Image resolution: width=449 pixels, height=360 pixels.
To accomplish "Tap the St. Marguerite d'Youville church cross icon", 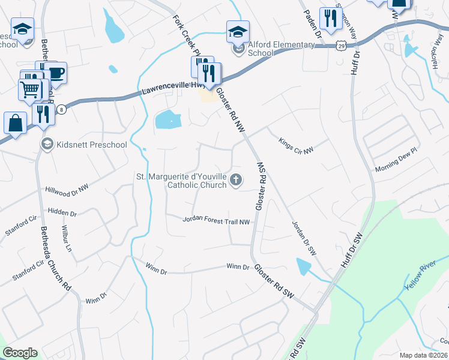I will (237, 179).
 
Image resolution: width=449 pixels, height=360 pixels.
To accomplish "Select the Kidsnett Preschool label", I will (92, 144).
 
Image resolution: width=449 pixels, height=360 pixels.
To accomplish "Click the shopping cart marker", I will (31, 90).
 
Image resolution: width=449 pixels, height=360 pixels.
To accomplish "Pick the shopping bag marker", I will (16, 123).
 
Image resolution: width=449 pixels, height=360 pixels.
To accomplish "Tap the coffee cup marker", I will (55, 73).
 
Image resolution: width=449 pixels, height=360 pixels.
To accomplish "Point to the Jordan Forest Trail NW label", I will (216, 221).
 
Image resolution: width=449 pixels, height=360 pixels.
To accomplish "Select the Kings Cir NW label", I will (296, 146).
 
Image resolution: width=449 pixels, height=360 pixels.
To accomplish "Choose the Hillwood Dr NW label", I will (67, 188).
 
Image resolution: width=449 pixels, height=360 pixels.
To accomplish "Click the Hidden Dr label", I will (62, 213).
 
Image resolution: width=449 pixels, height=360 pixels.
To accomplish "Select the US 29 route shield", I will (341, 46).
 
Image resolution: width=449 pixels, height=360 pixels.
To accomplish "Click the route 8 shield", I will (61, 109).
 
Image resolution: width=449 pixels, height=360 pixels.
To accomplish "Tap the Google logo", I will (20, 353).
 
